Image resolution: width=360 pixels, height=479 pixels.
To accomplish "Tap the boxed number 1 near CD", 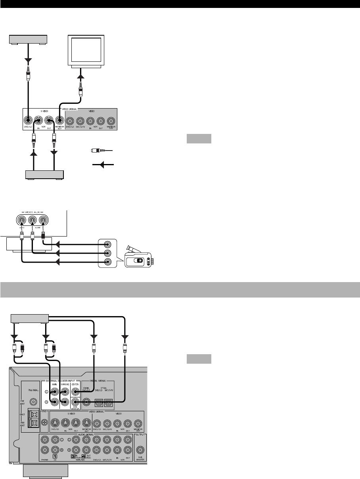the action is [55, 456].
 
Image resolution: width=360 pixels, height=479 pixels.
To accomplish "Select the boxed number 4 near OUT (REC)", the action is [84, 456].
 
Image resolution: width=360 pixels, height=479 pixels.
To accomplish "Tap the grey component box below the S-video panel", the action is [44, 174].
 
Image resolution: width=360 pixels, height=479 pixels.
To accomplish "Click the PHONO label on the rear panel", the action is [44, 460].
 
